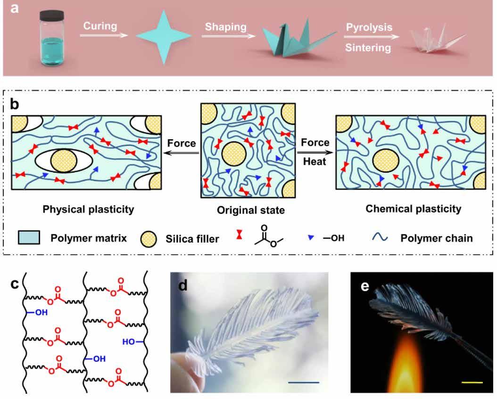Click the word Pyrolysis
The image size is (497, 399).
[x=369, y=27]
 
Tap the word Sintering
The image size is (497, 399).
[x=368, y=47]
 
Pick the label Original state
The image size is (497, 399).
[x=250, y=210]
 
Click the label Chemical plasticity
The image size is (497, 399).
[x=414, y=208]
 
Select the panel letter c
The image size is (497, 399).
[x=16, y=284]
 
